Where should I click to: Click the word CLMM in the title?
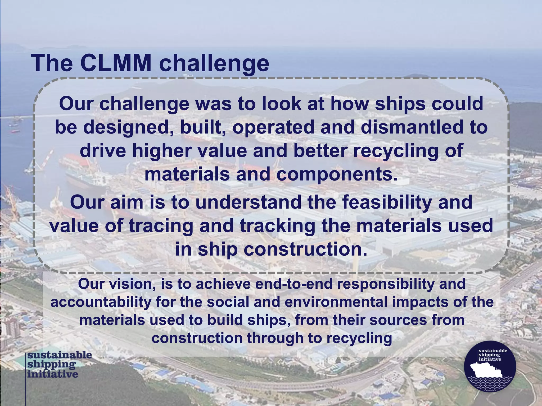coord(116,63)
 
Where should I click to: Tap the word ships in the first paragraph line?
coord(400,104)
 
